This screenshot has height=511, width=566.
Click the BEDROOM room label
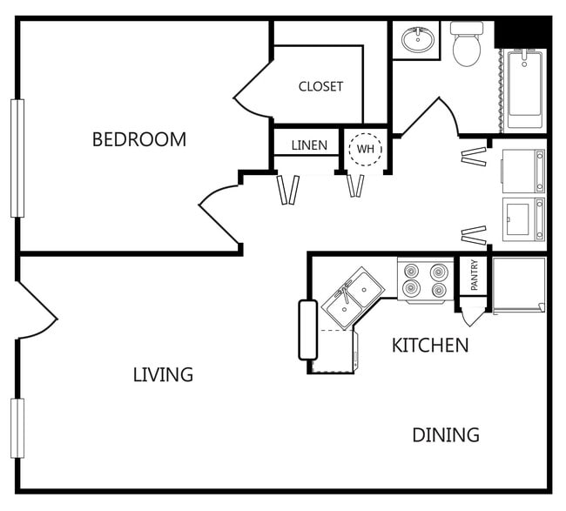tap(139, 139)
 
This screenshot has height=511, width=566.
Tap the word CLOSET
tap(320, 86)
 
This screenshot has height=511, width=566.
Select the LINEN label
tap(309, 145)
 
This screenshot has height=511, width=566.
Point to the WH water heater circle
tap(365, 149)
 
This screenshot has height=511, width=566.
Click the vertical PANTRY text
tap(475, 276)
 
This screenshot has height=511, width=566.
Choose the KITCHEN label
tap(430, 346)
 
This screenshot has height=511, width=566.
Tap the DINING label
tap(446, 434)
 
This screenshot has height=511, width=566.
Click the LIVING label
tap(163, 375)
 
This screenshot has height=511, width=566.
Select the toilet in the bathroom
tap(468, 45)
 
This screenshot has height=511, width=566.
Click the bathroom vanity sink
tap(420, 39)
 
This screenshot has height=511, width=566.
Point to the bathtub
tap(525, 87)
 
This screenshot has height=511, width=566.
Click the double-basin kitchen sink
tap(352, 297)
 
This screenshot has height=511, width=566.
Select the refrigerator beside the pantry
tap(519, 285)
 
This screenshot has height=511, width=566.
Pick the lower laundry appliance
tap(524, 219)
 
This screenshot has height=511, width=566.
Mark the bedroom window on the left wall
tap(17, 158)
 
